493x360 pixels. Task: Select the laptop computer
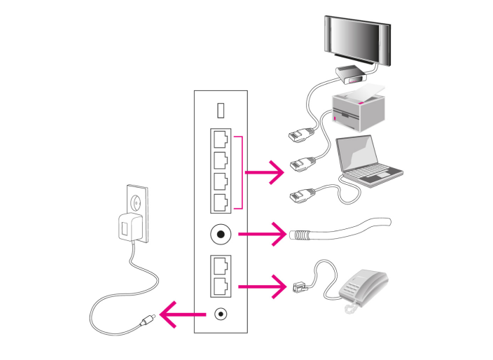(x=368, y=161)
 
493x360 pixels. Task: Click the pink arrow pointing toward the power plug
(x=178, y=316)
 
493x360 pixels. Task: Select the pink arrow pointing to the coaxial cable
(x=263, y=233)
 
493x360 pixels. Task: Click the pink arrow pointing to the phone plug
(x=263, y=286)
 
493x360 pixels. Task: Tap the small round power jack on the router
(x=221, y=316)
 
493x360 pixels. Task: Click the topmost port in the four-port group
(x=221, y=139)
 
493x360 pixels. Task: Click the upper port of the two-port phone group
(x=221, y=265)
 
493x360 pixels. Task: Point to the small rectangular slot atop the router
(x=221, y=111)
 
